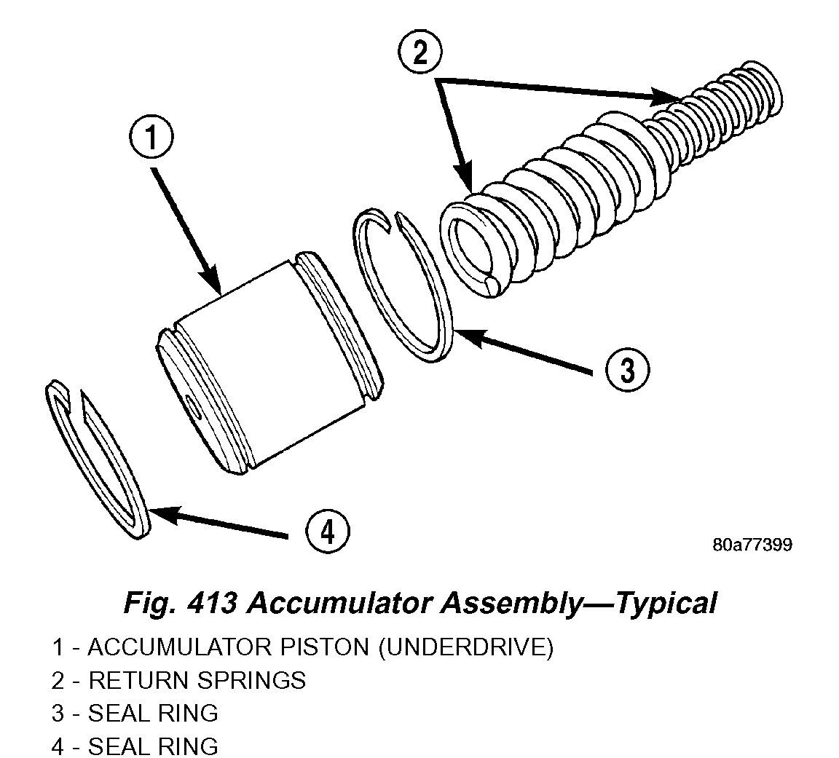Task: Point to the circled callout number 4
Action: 327,533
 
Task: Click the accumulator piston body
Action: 269,364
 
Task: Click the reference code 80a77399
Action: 752,545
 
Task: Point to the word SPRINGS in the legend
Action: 251,680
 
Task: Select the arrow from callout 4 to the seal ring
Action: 218,524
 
